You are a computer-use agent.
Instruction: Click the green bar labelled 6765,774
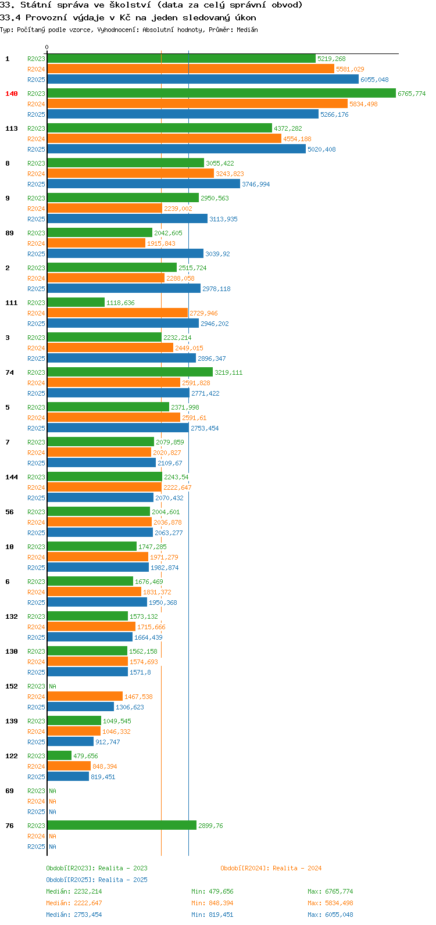pos(221,94)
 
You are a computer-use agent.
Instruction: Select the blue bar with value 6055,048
pos(203,79)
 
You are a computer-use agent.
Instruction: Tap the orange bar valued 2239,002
pos(105,209)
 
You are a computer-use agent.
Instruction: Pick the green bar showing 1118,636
pos(76,303)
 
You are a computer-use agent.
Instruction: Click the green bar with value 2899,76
pos(122,826)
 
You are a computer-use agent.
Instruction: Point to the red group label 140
pos(12,94)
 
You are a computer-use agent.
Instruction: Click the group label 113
pos(12,128)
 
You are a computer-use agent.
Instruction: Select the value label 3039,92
pos(218,254)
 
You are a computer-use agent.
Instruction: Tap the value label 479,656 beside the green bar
pos(85,756)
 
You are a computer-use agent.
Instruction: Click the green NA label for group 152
pos(52,686)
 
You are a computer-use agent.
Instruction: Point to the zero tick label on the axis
pos(47,47)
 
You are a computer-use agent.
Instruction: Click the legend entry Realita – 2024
pos(271,868)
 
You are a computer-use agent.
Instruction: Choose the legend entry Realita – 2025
pos(97,880)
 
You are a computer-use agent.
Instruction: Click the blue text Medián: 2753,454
pos(74,915)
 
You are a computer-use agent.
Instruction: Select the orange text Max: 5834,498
pos(330,903)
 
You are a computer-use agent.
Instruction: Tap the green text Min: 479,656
pos(212,891)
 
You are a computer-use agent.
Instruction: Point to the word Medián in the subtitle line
pos(247,30)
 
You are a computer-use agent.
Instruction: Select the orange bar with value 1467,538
pos(85,696)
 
